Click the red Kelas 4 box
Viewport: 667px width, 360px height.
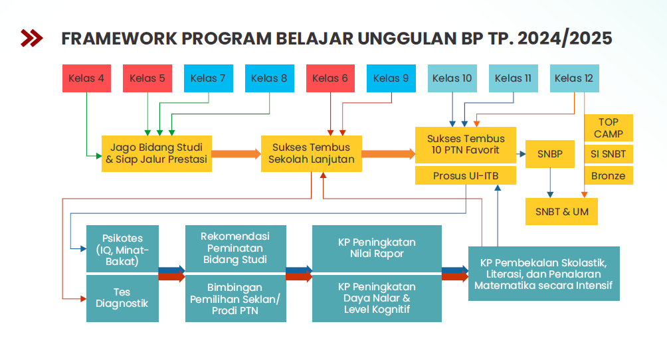click(x=87, y=78)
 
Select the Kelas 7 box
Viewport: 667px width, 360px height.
click(x=209, y=78)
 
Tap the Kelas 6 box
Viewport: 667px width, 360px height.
click(x=331, y=78)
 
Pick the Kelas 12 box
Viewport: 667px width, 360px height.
click(x=574, y=78)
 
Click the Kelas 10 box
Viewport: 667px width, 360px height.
click(x=452, y=78)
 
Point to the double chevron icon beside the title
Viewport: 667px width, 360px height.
click(x=32, y=38)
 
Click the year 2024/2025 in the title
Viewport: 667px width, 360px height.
click(x=565, y=39)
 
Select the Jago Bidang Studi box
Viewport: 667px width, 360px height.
click(x=157, y=153)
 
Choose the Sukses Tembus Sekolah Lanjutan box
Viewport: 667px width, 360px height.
click(x=312, y=153)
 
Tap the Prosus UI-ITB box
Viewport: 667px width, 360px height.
click(x=466, y=176)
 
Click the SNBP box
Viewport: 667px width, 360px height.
click(x=550, y=154)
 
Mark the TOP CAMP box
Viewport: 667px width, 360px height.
click(x=609, y=128)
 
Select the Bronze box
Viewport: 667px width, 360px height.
click(x=609, y=176)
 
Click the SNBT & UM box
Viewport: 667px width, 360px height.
click(x=561, y=211)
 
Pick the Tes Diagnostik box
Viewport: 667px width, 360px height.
click(x=122, y=298)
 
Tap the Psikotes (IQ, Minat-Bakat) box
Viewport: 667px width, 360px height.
click(x=122, y=249)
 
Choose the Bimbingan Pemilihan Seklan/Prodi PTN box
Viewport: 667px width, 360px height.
click(x=236, y=298)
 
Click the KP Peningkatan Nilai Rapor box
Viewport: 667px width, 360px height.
click(x=377, y=249)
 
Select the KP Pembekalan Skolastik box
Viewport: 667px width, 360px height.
click(x=544, y=274)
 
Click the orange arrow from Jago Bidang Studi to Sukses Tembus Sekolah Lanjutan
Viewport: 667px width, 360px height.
click(x=237, y=153)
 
